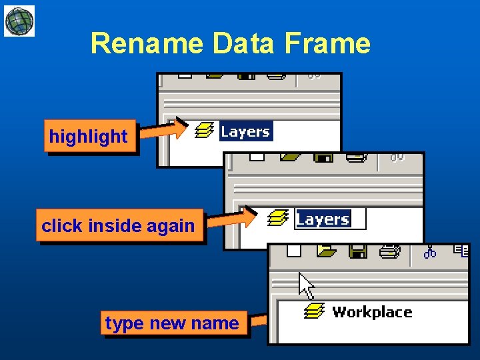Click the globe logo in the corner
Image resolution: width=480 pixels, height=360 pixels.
point(19,21)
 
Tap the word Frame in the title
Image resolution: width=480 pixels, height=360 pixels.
point(327,44)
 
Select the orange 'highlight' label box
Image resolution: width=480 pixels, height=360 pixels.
point(89,137)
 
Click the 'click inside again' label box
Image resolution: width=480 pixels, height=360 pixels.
point(119,226)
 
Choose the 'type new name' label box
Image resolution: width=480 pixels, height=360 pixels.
point(172,323)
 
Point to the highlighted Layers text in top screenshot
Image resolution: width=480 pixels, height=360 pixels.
point(245,131)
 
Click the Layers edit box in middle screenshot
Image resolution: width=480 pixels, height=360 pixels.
point(330,219)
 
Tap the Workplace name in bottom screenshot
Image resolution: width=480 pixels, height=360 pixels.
point(372,312)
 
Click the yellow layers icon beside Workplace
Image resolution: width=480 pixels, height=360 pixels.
point(314,311)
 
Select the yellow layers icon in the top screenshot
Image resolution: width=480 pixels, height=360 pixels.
point(203,130)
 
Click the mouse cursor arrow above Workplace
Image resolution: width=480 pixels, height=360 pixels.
point(306,285)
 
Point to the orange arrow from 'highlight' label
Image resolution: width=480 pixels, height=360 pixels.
point(164,130)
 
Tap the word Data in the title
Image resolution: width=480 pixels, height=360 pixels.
point(244,44)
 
